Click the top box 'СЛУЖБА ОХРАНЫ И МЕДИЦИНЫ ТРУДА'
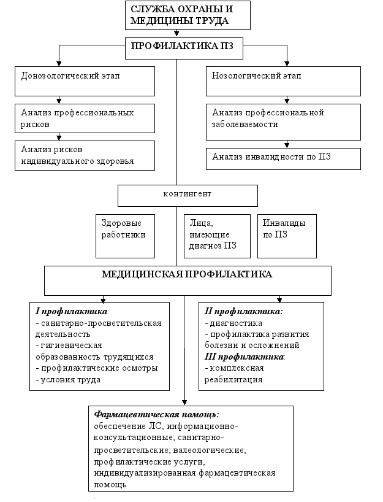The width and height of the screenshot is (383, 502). click(x=188, y=15)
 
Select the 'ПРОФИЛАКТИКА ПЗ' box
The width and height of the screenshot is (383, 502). click(x=184, y=48)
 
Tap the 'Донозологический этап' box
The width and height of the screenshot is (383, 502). click(x=85, y=82)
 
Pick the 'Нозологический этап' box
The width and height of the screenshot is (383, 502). click(x=283, y=82)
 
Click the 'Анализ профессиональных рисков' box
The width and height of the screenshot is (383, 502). click(x=85, y=118)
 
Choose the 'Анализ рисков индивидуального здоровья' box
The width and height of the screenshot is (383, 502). click(x=85, y=156)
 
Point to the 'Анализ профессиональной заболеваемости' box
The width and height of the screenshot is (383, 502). click(x=283, y=122)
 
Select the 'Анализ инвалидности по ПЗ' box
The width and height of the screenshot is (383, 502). click(x=283, y=159)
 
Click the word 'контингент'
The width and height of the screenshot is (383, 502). click(x=188, y=194)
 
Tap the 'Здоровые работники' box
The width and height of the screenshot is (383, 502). click(x=126, y=236)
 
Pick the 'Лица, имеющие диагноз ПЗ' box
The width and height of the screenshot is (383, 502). click(x=217, y=236)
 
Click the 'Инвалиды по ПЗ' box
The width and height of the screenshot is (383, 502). click(x=287, y=236)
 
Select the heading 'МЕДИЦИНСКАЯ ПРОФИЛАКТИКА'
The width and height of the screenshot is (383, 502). click(x=187, y=274)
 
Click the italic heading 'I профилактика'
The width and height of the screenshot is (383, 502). click(x=71, y=311)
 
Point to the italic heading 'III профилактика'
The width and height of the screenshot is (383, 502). click(x=245, y=357)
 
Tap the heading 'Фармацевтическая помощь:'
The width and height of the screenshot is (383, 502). click(x=157, y=414)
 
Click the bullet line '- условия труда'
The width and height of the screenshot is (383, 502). click(x=68, y=380)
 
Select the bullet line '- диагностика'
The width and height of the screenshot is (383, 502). click(x=233, y=323)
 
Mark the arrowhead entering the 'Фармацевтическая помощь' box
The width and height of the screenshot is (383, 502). click(x=184, y=403)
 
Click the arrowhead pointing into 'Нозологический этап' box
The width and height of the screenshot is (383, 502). click(x=287, y=63)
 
